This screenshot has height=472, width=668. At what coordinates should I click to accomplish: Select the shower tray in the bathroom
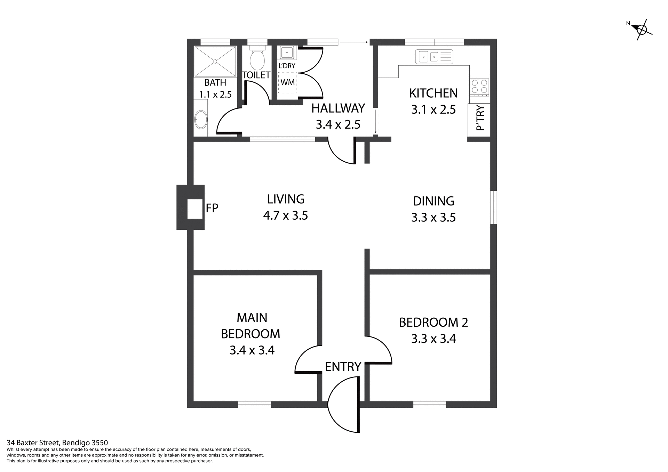[215, 62]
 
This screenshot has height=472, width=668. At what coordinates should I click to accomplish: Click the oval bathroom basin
[201, 119]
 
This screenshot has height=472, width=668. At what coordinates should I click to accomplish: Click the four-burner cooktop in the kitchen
[479, 87]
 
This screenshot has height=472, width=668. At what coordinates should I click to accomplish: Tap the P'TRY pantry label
[480, 118]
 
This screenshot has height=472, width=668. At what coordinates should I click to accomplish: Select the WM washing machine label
[287, 82]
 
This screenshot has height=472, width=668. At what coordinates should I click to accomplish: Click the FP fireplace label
[212, 208]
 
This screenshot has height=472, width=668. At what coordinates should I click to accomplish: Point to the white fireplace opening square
[195, 209]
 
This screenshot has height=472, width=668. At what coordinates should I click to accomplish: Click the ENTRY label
[343, 367]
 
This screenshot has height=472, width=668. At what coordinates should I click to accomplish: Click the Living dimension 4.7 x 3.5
[285, 215]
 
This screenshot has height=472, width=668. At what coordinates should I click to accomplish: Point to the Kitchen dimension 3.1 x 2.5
[433, 110]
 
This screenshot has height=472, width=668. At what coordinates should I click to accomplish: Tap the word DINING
[433, 201]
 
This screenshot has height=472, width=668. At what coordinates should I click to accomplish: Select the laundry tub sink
[287, 53]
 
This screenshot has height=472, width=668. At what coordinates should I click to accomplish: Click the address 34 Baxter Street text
[57, 443]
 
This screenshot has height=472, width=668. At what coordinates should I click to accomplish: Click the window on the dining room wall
[494, 207]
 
